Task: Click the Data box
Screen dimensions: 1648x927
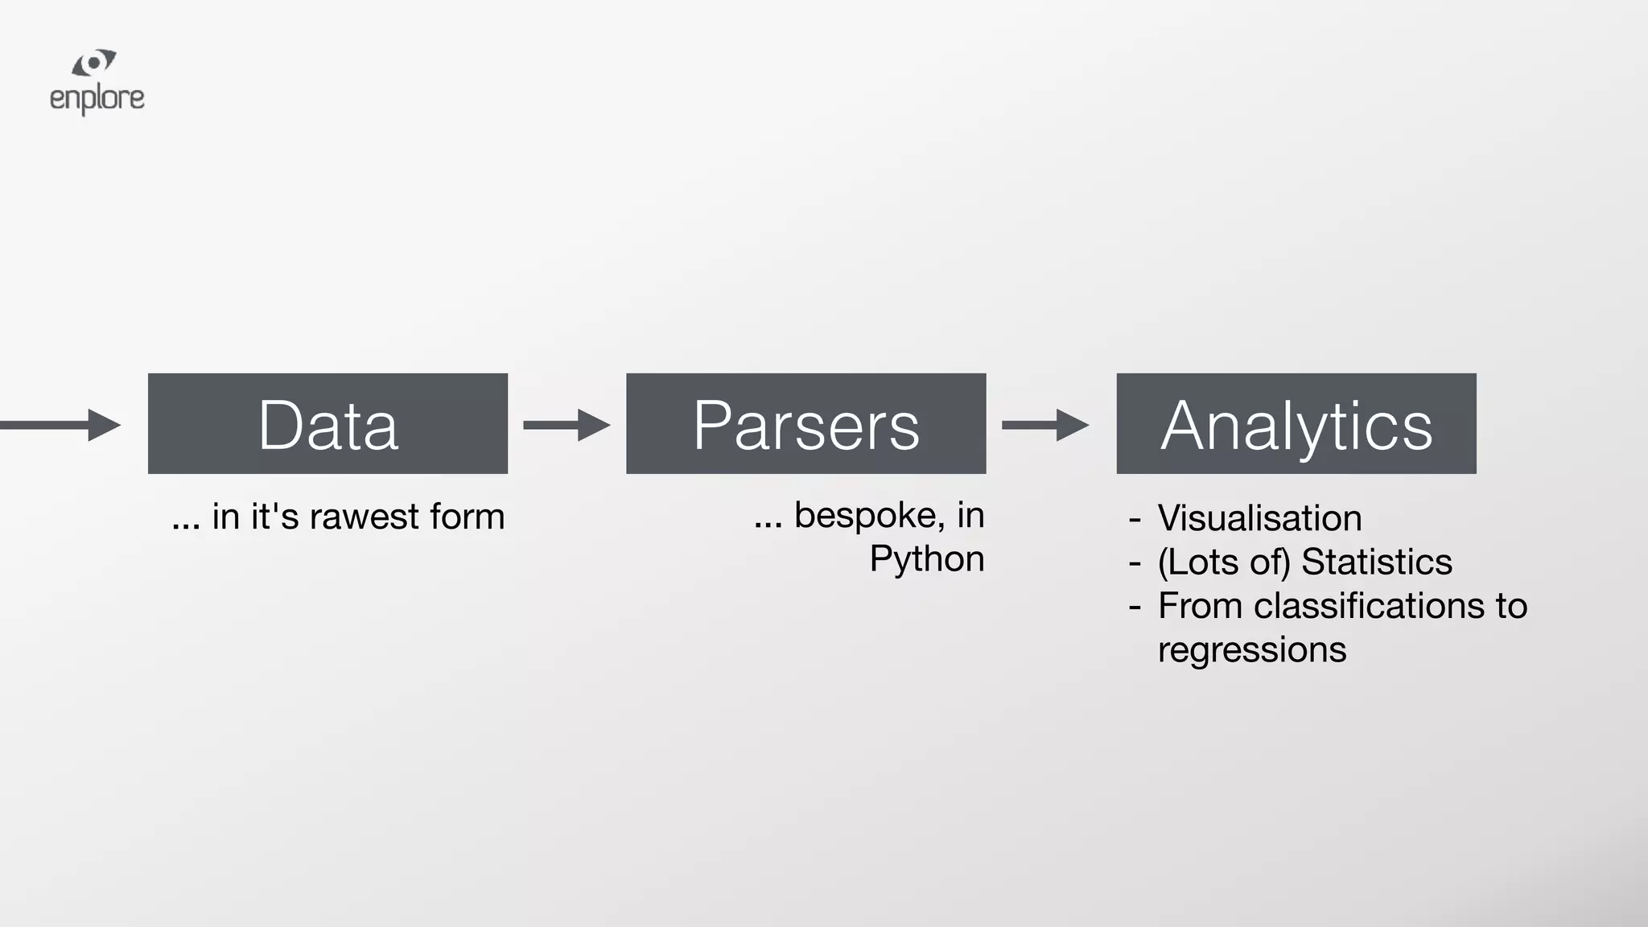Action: point(328,423)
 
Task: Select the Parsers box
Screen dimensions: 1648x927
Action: point(805,423)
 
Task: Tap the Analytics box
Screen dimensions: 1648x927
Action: point(1296,423)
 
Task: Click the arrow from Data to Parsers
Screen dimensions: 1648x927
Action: point(566,425)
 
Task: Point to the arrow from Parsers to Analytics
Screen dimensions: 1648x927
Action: point(1044,425)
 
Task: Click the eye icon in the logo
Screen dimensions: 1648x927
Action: point(94,64)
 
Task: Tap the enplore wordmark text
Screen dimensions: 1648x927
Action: point(97,99)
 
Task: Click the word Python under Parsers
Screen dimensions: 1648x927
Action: point(926,559)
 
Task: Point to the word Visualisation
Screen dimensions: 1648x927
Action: point(1259,518)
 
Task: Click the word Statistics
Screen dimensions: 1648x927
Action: point(1376,562)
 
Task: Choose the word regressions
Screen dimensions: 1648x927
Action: point(1251,649)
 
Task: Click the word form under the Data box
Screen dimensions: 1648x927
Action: point(467,517)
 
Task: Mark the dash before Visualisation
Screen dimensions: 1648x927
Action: point(1135,519)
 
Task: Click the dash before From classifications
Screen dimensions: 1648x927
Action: point(1135,607)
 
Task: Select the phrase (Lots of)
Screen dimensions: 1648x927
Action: point(1224,562)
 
